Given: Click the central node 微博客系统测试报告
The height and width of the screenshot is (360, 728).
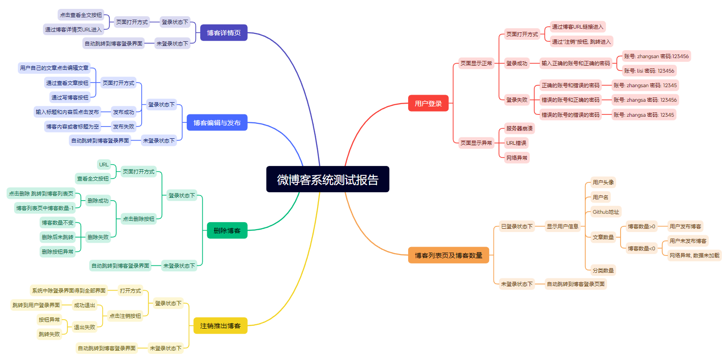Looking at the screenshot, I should tap(327, 179).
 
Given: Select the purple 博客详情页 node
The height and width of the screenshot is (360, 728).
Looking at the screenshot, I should tap(224, 33).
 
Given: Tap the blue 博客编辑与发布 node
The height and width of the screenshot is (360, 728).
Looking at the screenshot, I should tap(217, 122).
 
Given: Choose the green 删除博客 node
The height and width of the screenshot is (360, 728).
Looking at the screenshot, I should tap(227, 230).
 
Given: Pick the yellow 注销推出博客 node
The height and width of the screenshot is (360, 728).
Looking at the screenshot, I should tap(220, 325).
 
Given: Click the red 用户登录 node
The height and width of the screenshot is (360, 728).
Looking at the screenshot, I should tap(428, 103).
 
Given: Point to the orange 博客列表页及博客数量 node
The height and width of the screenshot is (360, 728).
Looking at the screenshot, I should tap(448, 255).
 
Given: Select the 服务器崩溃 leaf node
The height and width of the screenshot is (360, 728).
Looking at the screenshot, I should tap(519, 128).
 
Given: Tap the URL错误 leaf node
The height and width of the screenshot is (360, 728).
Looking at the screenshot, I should tap(516, 142).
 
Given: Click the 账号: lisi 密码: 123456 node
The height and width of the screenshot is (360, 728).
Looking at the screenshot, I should tap(649, 71).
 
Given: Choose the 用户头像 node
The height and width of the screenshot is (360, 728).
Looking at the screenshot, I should tap(603, 182).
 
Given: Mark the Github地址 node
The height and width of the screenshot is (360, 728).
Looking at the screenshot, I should tap(606, 212).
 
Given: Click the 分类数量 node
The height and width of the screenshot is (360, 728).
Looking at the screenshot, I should tap(603, 270).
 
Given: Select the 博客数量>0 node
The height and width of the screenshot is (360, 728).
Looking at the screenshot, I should tap(642, 226).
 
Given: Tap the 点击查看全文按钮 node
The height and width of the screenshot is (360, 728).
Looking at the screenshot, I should tap(81, 15).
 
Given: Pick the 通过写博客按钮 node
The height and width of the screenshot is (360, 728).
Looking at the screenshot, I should tap(70, 97).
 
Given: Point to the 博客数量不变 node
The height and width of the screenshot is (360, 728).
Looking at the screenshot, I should tap(58, 223).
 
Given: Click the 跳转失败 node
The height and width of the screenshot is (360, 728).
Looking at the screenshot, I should tap(49, 334).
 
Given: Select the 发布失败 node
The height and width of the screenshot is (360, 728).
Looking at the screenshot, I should tap(123, 126).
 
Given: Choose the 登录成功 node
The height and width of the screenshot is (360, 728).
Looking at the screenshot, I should tap(516, 63).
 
